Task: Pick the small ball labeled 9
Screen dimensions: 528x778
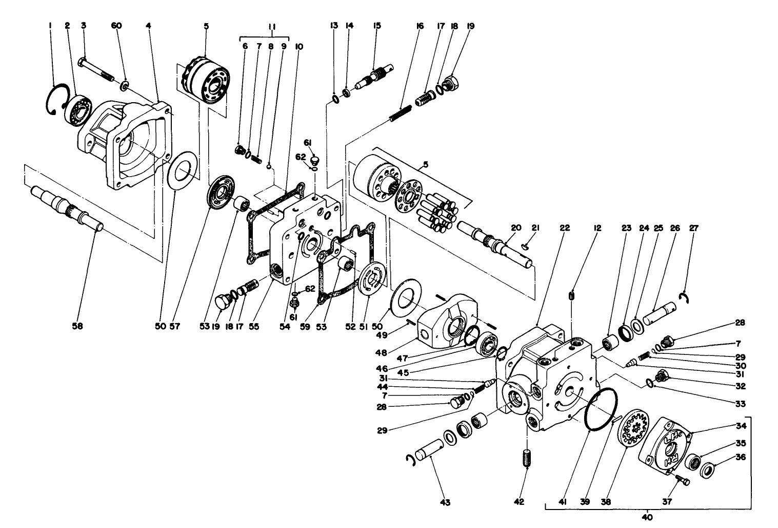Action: [269, 166]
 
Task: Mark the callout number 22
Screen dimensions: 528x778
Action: [562, 228]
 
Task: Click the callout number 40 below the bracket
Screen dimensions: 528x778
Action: [648, 518]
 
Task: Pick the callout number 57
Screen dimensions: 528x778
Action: [175, 326]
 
